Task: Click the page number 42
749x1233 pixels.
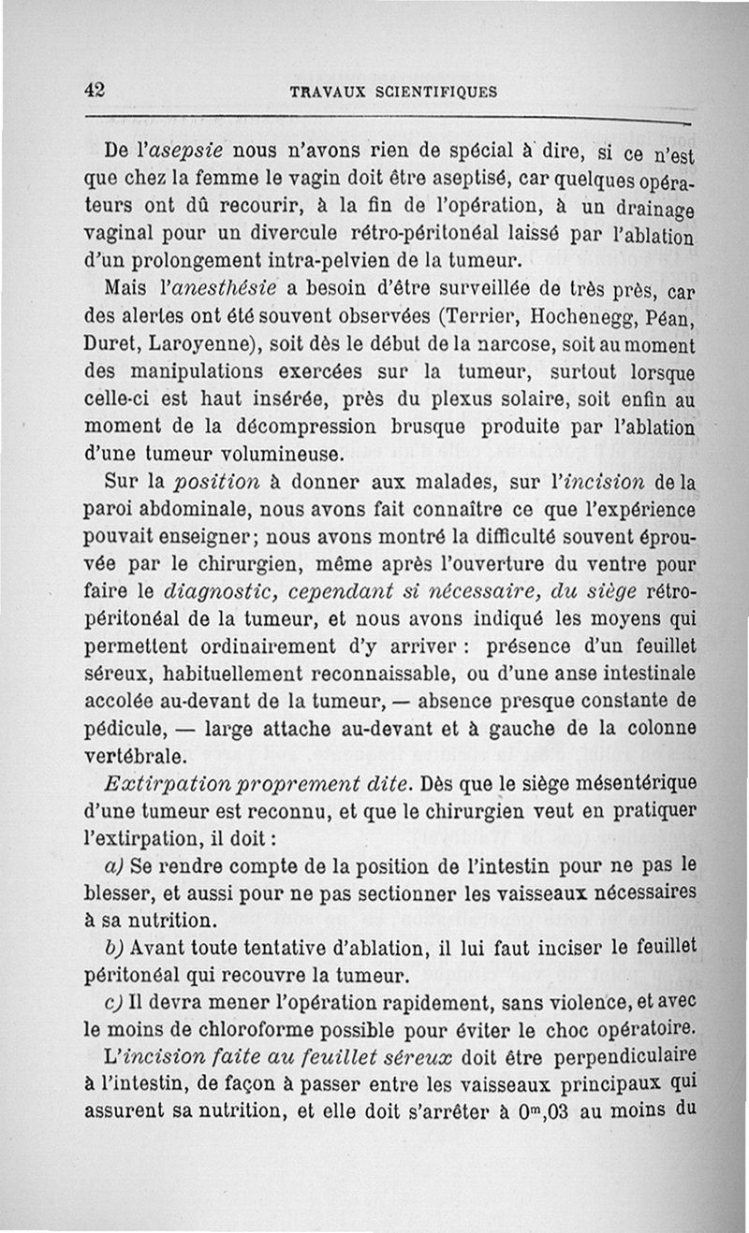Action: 95,91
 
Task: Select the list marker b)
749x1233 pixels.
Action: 117,948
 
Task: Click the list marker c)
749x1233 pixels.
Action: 118,1002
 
